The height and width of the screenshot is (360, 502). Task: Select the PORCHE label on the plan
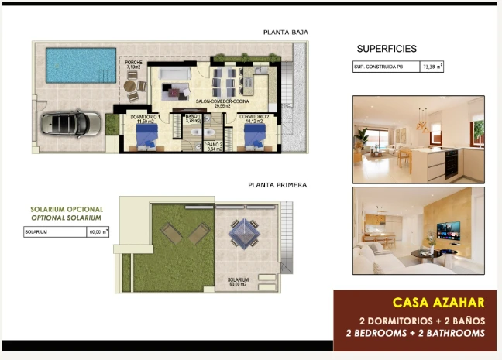pos(134,64)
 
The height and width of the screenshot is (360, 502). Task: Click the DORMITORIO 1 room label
pos(143,118)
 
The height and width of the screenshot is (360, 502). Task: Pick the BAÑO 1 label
pos(193,118)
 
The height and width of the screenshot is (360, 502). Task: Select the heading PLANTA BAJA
pos(285,33)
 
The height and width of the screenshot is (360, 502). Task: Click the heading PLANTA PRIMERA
pos(277,185)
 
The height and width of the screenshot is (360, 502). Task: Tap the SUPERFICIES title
pos(387,49)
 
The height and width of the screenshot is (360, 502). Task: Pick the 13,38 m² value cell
pos(432,67)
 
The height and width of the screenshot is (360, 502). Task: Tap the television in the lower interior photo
pos(448,230)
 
